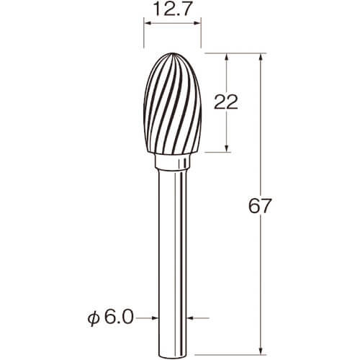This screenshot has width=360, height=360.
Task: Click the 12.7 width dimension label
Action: [x=173, y=9]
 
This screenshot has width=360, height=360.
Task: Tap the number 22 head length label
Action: [x=226, y=102]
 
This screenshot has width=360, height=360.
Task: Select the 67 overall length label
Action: [x=260, y=206]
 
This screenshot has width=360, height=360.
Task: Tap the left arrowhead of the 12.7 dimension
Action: [x=147, y=23]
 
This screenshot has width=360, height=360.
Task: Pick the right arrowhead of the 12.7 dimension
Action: [x=197, y=23]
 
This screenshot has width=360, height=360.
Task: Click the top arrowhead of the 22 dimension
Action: [x=227, y=57]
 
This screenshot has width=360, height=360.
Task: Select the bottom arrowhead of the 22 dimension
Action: [x=227, y=148]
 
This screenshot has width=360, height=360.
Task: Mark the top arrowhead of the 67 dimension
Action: [x=261, y=57]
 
